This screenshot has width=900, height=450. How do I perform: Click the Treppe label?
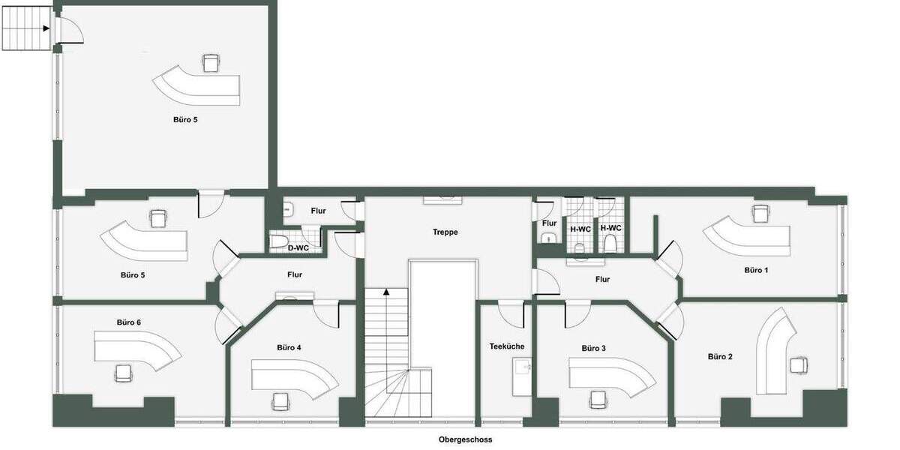point(445,232)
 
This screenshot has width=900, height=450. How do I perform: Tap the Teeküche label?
point(507,346)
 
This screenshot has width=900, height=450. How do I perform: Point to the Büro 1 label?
point(756,270)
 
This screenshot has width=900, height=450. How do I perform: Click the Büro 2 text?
point(720,356)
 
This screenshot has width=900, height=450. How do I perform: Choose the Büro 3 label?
point(593,349)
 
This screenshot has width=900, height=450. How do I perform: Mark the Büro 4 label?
point(289,348)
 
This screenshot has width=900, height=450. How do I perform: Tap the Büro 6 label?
point(129,322)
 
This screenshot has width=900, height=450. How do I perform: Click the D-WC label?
point(298,247)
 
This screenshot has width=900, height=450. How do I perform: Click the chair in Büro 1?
point(761,213)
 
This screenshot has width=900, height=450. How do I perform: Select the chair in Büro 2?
point(799,365)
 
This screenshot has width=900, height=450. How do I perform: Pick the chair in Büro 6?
point(123,373)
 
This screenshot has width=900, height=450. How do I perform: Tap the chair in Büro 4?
point(280,401)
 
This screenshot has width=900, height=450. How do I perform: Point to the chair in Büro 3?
point(598,400)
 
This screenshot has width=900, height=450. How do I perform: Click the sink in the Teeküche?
point(523,367)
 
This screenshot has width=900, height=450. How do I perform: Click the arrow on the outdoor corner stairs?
point(46,28)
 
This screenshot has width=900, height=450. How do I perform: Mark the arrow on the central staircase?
point(387,292)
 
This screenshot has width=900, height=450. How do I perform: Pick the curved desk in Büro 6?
point(138,349)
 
